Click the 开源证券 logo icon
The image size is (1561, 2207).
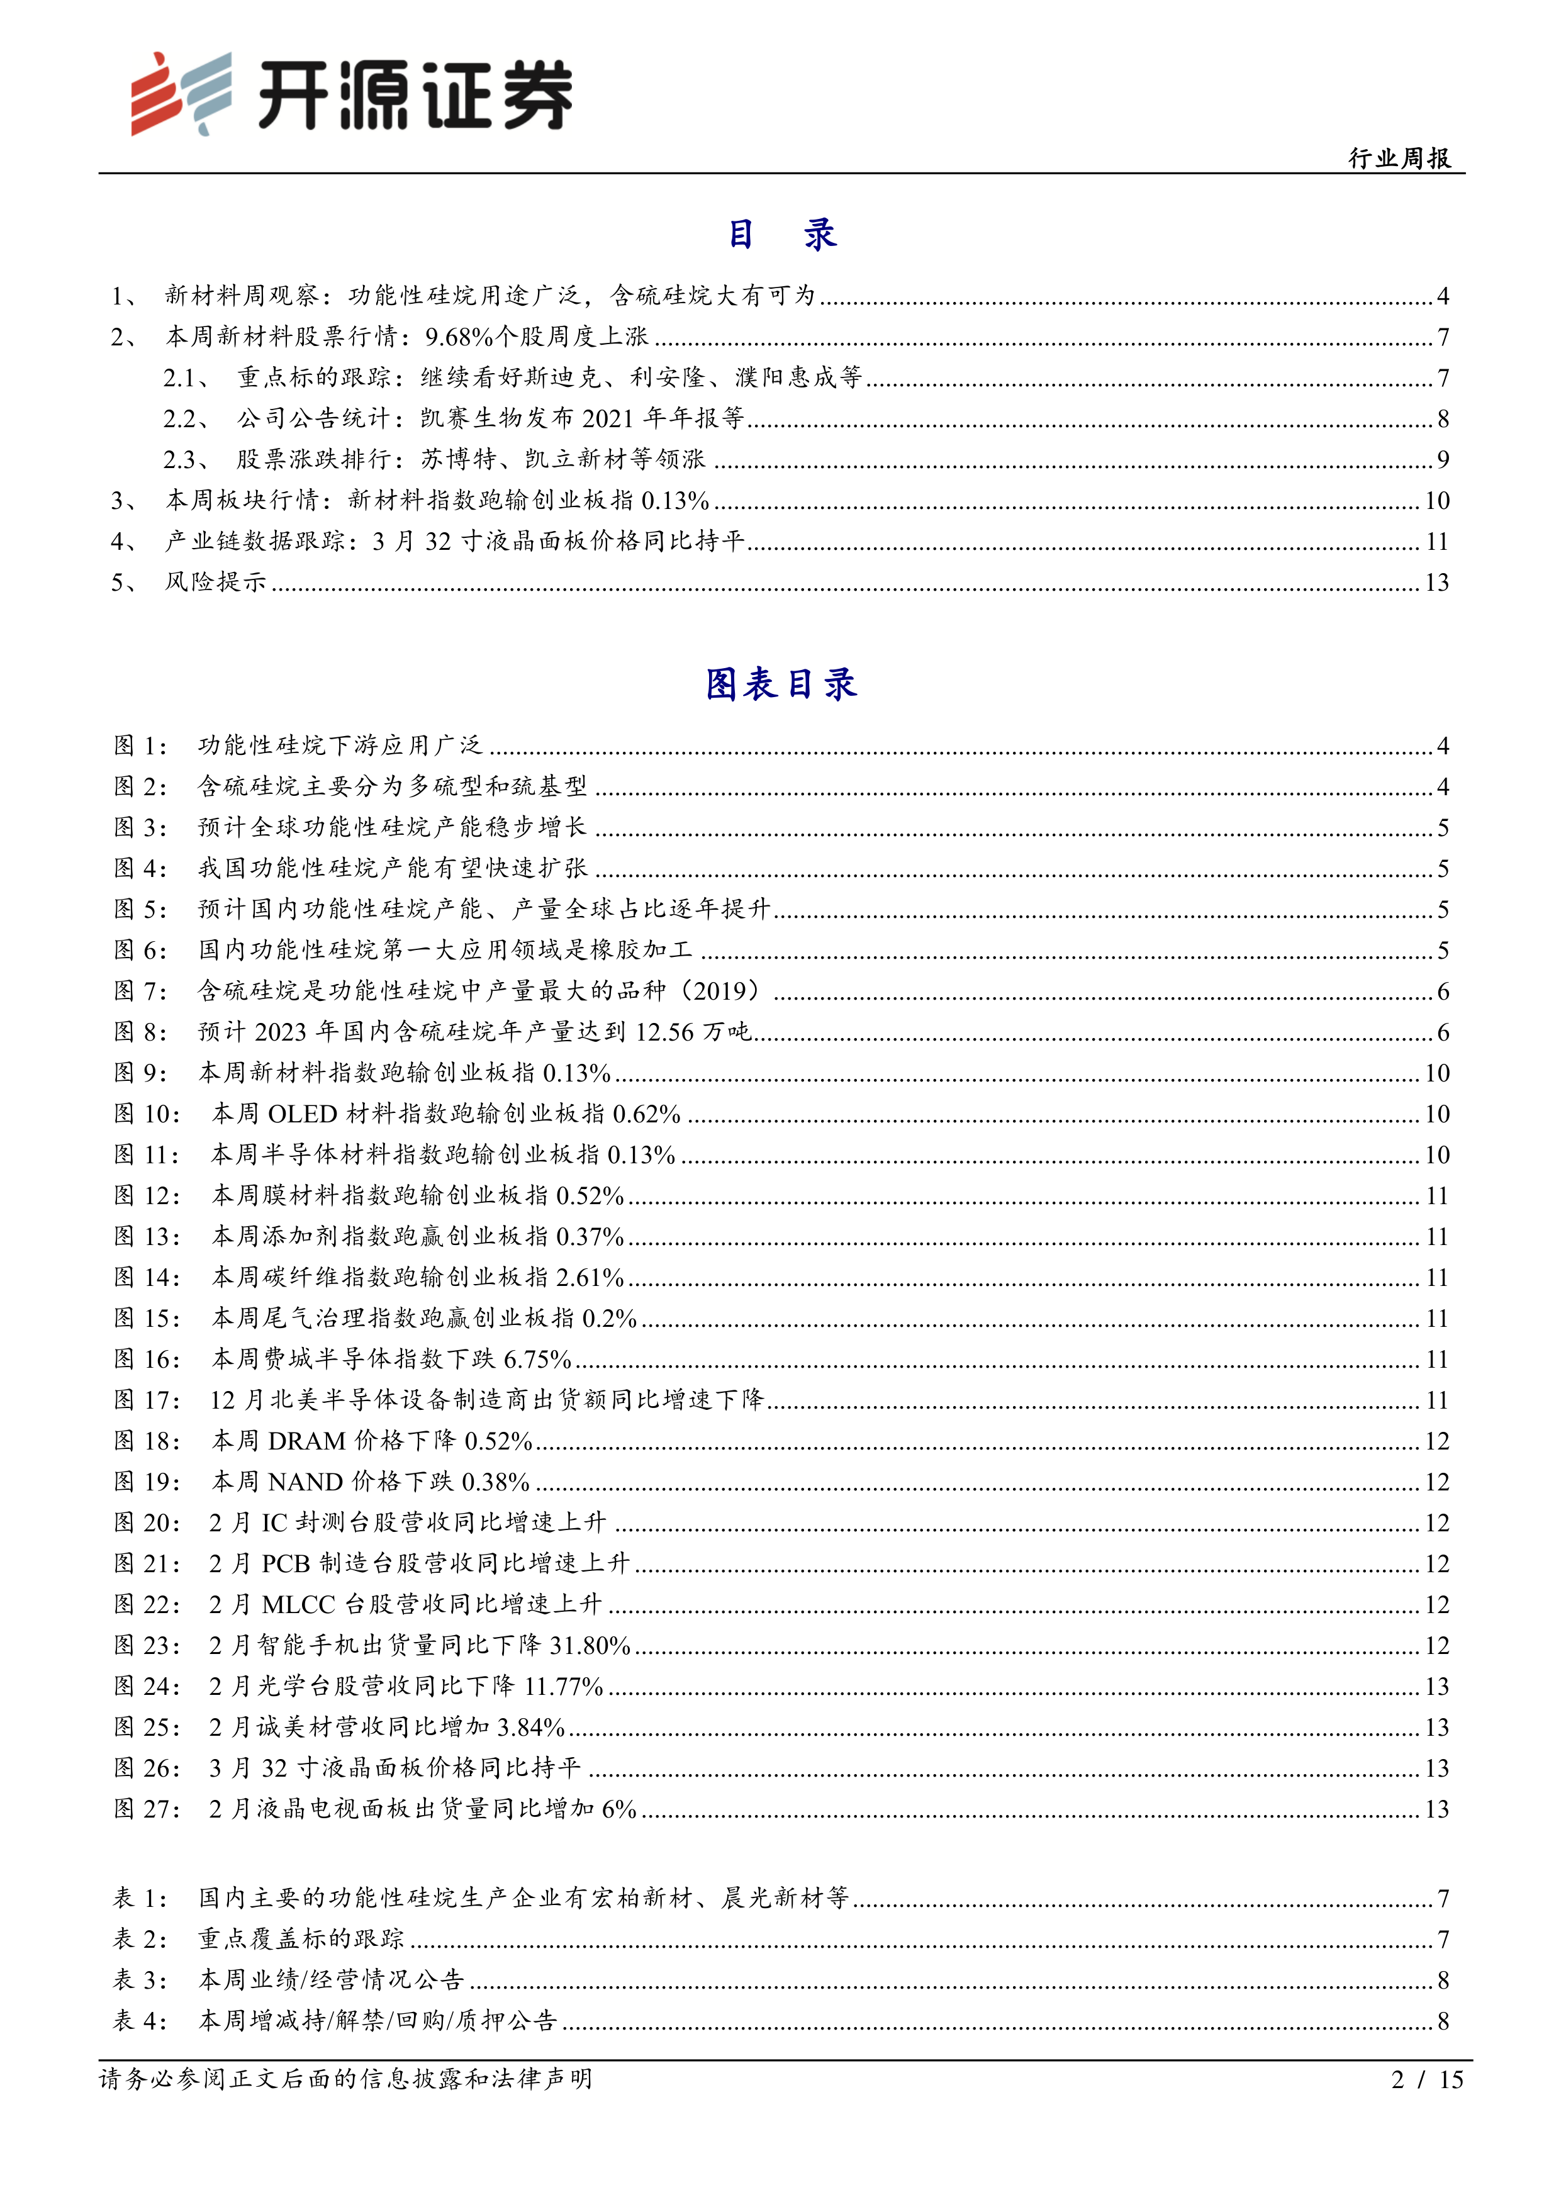pyautogui.click(x=181, y=93)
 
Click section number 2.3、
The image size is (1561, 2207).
pyautogui.click(x=187, y=459)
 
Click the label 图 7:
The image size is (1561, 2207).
pyautogui.click(x=140, y=991)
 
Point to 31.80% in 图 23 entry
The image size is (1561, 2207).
pyautogui.click(x=589, y=1646)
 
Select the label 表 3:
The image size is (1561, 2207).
pyautogui.click(x=140, y=1979)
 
